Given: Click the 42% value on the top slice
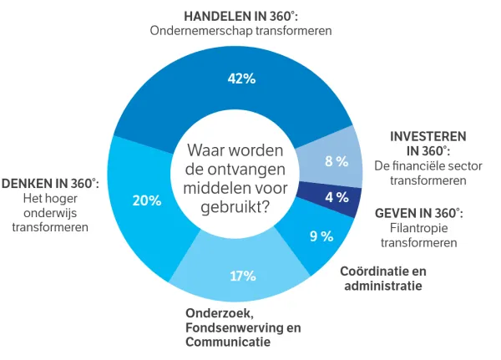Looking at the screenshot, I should click(x=241, y=79).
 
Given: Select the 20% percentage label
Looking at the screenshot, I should click(x=147, y=200).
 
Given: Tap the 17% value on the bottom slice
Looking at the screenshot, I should click(x=242, y=276).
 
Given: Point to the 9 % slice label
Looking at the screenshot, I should click(x=321, y=236).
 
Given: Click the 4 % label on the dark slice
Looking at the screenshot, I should click(x=337, y=198).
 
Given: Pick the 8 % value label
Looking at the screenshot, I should click(x=337, y=161).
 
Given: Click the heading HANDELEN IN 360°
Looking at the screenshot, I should click(x=241, y=15).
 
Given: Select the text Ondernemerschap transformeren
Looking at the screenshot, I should click(x=241, y=31).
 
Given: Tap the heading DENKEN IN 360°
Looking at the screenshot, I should click(x=50, y=184).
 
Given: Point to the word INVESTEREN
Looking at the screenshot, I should click(x=428, y=135).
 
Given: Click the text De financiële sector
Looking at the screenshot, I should click(x=428, y=165).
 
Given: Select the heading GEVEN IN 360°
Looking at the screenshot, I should click(x=418, y=214).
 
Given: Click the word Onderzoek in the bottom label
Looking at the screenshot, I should click(x=212, y=313).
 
